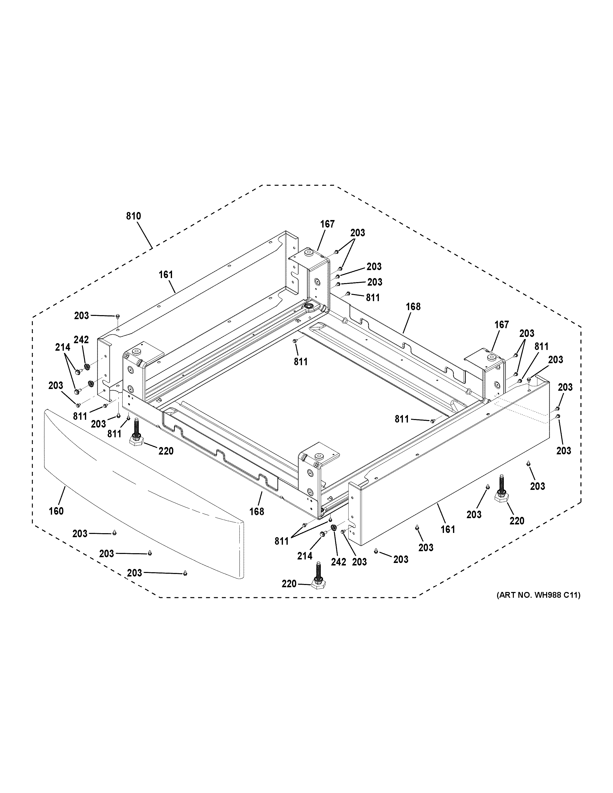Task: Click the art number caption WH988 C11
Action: point(538,595)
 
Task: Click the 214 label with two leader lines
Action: point(62,347)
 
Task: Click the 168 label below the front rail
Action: point(256,512)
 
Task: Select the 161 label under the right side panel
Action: point(448,529)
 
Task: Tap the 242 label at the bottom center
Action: point(339,562)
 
